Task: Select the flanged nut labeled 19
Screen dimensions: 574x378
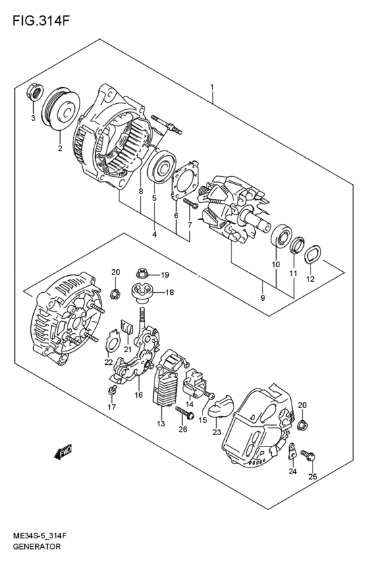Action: pyautogui.click(x=141, y=275)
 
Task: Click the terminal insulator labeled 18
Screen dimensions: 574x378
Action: pyautogui.click(x=142, y=292)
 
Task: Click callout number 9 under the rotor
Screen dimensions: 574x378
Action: pyautogui.click(x=262, y=296)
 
